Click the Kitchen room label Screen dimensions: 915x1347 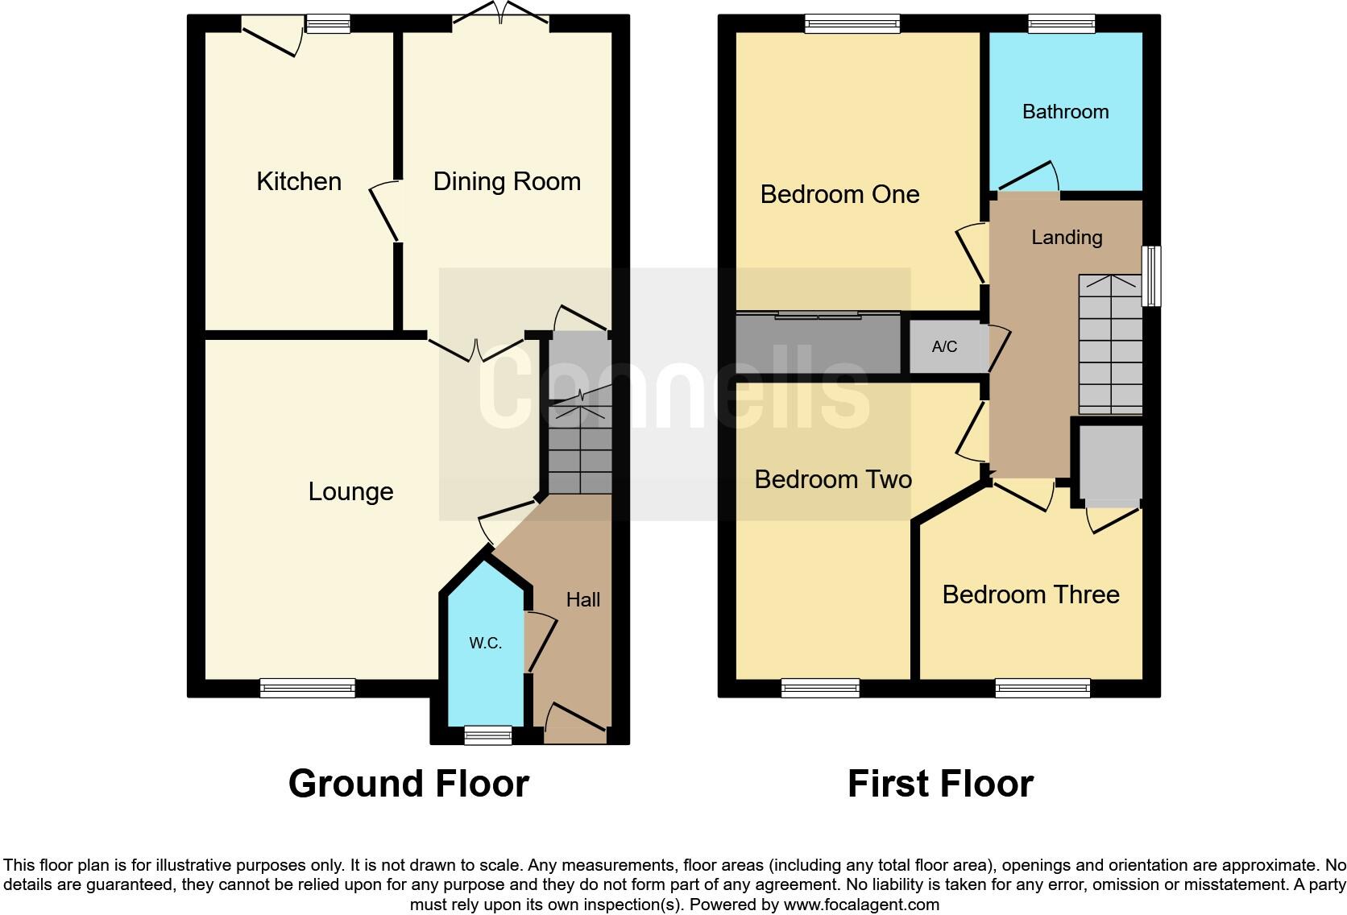(x=298, y=181)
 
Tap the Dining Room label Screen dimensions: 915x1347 (x=507, y=181)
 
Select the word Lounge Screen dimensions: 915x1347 (x=350, y=491)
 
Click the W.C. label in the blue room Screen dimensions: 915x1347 (x=485, y=643)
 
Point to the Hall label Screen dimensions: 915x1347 (x=582, y=599)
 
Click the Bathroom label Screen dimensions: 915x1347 (x=1065, y=111)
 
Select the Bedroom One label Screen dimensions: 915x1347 (x=839, y=194)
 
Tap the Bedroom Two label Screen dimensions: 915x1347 (x=833, y=479)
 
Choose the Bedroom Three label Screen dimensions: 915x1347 (x=1030, y=594)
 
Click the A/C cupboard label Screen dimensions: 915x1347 (x=944, y=346)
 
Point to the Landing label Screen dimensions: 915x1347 (x=1067, y=237)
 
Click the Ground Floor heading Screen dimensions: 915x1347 (x=408, y=783)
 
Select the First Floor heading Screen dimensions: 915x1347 (x=940, y=783)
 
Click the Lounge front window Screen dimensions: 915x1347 (x=307, y=688)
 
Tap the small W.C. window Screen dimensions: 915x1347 (x=488, y=735)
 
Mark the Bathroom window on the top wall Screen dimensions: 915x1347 (x=1061, y=24)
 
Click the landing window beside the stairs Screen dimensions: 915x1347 (x=1152, y=275)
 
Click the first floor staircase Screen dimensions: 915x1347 (x=1110, y=345)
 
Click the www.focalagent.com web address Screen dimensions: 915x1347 (x=861, y=905)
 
